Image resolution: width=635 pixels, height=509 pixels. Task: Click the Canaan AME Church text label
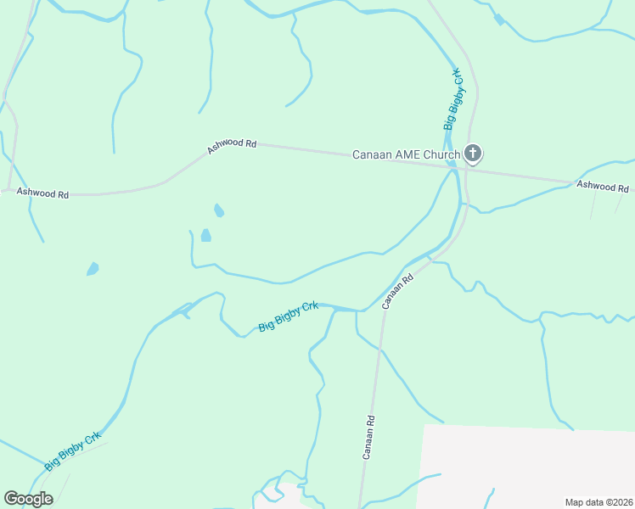coord(406,154)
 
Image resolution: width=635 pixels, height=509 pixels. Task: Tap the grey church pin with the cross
coord(474,154)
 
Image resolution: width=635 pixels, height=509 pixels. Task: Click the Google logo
coord(28,499)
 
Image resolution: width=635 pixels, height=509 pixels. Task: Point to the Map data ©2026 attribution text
coord(598,502)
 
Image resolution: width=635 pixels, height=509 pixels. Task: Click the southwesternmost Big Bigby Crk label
coord(73,450)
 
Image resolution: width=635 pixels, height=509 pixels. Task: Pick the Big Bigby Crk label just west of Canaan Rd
coord(289,316)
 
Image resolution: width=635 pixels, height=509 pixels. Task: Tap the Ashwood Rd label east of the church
coord(602,186)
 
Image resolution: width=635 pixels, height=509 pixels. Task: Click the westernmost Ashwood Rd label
coord(42,193)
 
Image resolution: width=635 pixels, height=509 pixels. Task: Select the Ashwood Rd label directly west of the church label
coord(232,146)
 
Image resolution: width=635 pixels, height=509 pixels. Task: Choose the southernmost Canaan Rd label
coord(369,437)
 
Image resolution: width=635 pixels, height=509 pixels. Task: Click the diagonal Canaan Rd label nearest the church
coord(397,290)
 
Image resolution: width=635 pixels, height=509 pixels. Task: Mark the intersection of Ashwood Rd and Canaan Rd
coord(467,169)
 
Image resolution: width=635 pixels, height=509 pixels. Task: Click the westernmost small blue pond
coord(93,269)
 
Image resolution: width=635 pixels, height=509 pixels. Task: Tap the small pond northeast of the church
coord(498,19)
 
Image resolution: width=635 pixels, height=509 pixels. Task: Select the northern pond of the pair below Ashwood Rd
coord(219,210)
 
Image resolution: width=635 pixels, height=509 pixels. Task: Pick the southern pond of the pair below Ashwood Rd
coord(205,235)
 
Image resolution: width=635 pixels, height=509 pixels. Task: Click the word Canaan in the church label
coord(372,154)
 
